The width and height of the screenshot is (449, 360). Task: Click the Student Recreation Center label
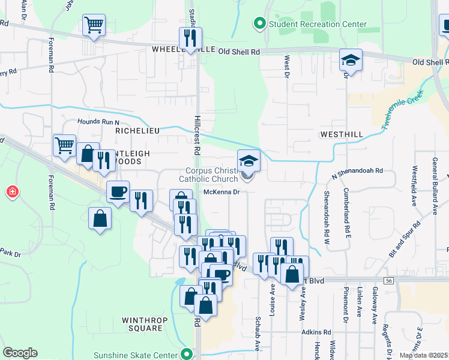coord(318,24)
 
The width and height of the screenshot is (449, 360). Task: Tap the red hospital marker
coord(12,192)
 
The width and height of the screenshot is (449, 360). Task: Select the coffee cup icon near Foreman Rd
coord(118,192)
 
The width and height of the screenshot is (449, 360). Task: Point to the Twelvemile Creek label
coord(402,112)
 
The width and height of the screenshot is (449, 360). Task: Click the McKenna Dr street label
coord(221,192)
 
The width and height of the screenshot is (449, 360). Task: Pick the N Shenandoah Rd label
coord(357,171)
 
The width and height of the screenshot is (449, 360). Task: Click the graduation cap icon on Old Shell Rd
coord(351,60)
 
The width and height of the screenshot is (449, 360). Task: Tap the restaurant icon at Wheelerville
coord(190,38)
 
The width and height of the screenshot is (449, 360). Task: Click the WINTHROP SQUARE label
coord(143,324)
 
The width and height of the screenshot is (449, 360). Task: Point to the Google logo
coord(20,353)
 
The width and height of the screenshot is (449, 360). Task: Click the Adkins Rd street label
coord(316,331)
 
